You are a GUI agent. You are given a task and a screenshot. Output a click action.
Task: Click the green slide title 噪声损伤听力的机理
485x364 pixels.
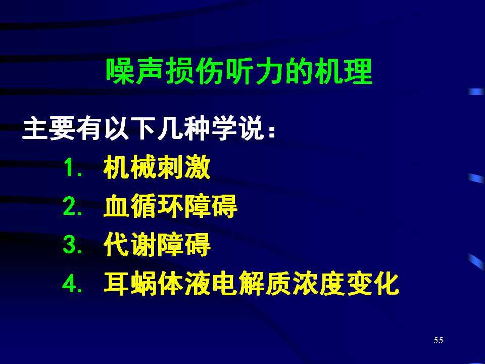pyautogui.click(x=239, y=71)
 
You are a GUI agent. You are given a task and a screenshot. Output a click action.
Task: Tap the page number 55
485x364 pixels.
pyautogui.click(x=439, y=340)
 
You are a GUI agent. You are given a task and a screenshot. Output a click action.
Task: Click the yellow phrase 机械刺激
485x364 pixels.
pyautogui.click(x=157, y=167)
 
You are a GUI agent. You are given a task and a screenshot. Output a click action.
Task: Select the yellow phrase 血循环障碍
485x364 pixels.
pyautogui.click(x=170, y=206)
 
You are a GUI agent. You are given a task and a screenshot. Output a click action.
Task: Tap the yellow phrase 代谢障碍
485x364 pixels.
pyautogui.click(x=157, y=245)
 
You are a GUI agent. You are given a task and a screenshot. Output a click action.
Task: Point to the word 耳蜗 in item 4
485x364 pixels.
pyautogui.click(x=130, y=283)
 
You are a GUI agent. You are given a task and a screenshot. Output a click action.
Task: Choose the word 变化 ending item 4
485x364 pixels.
pyautogui.click(x=373, y=283)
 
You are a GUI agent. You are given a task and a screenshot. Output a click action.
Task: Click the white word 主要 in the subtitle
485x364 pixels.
pyautogui.click(x=48, y=128)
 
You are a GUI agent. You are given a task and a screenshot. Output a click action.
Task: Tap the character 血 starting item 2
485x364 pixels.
pyautogui.click(x=117, y=206)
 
